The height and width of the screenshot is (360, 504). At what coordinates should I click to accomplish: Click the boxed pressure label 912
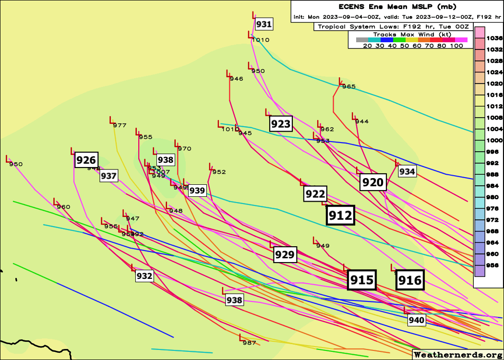coord(340,216)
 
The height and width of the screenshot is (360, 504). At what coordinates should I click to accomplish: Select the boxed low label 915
coord(361,280)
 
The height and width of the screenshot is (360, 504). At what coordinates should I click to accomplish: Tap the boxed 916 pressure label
coord(410,280)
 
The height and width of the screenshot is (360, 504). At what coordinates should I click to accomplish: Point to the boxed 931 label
coord(264,24)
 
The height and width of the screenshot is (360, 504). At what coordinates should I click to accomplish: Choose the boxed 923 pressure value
coord(281,124)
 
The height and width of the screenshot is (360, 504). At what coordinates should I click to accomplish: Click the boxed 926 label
coord(86,160)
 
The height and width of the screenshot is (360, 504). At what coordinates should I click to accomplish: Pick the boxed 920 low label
coord(373,182)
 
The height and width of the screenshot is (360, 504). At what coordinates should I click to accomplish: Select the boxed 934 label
coord(407,171)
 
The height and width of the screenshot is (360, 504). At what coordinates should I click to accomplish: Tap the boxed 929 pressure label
coord(285,254)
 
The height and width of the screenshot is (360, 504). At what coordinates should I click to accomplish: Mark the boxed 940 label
coord(417,320)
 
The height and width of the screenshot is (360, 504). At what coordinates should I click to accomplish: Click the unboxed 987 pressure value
coord(249,343)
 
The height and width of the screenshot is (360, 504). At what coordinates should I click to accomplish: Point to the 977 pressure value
coord(120,126)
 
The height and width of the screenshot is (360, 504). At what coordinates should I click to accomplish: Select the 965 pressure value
coord(349,86)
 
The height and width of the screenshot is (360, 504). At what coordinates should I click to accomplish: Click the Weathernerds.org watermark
coord(457,355)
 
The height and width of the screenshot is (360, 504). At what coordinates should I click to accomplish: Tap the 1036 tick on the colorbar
coord(494,38)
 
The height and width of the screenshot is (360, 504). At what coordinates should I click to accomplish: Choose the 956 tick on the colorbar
coord(494,265)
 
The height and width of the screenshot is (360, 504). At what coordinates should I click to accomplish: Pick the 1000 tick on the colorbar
coord(494,140)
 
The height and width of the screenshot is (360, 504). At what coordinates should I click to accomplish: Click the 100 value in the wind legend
coord(457,46)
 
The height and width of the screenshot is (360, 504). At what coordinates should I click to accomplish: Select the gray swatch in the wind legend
coord(362,40)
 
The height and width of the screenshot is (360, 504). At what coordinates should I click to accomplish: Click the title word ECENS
coord(353,7)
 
